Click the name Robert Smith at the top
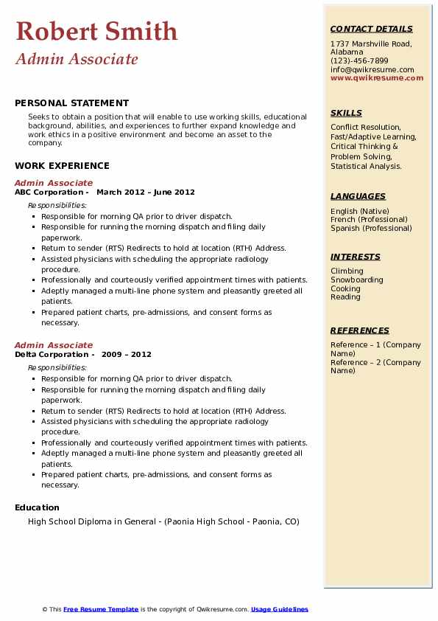click(x=96, y=32)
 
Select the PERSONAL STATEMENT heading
click(x=71, y=103)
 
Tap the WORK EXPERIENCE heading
click(x=62, y=166)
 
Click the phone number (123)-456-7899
click(x=359, y=61)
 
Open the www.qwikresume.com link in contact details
click(x=377, y=78)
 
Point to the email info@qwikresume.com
click(x=372, y=70)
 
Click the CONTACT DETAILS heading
click(x=371, y=30)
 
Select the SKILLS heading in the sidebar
click(x=346, y=114)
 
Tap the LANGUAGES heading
click(x=358, y=197)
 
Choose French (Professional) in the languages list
click(x=369, y=220)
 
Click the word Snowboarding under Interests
click(x=357, y=280)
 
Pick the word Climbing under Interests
click(x=347, y=271)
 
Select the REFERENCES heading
click(x=359, y=331)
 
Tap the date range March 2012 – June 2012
click(x=146, y=192)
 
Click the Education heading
click(x=37, y=507)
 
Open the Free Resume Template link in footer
click(x=101, y=609)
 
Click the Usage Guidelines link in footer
click(x=280, y=609)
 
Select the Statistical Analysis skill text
click(x=366, y=167)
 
